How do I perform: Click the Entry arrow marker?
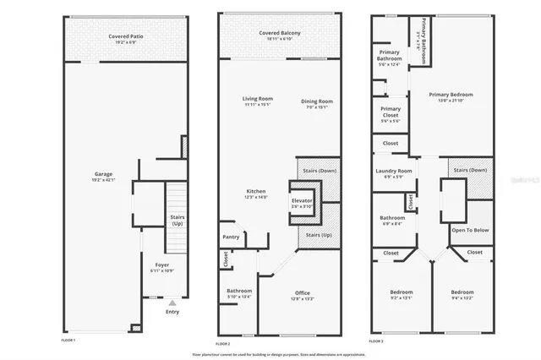click(172, 302)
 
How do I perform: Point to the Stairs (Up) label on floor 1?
click(178, 221)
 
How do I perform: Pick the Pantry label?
click(231, 237)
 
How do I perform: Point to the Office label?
click(302, 293)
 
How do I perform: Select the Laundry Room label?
click(394, 172)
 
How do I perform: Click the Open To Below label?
click(470, 230)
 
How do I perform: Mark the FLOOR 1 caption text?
click(69, 340)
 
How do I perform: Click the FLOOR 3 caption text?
click(378, 340)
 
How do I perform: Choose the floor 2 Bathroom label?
click(239, 292)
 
